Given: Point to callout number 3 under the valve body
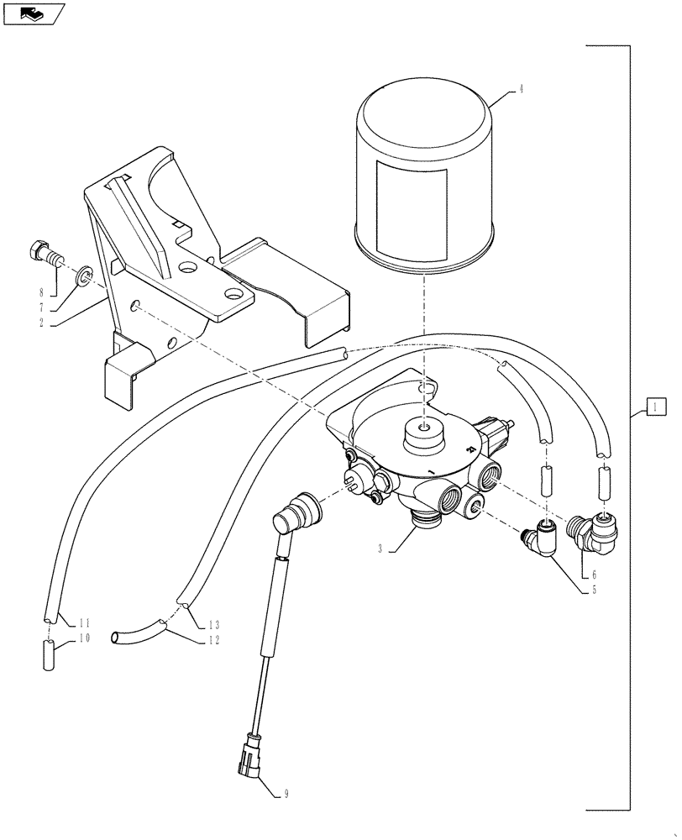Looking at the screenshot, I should click(x=380, y=549).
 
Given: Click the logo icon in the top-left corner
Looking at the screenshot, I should click(x=32, y=13).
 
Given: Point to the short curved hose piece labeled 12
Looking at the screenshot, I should click(x=139, y=629).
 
